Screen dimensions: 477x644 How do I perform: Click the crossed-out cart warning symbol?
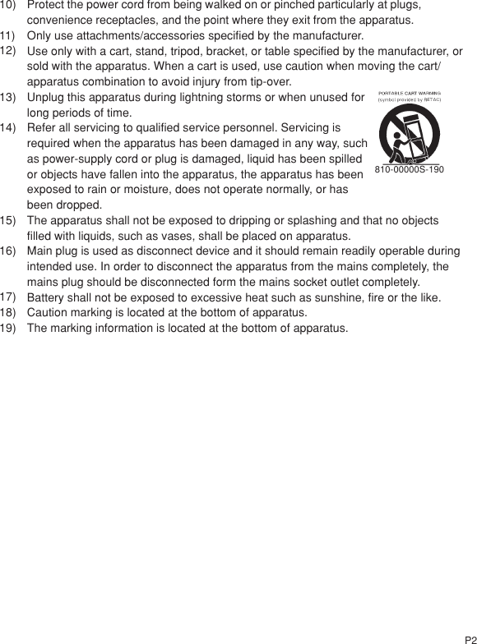pyautogui.click(x=409, y=136)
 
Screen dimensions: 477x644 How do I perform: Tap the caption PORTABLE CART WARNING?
pyautogui.click(x=410, y=94)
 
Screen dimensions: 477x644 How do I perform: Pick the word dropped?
pyautogui.click(x=81, y=205)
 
